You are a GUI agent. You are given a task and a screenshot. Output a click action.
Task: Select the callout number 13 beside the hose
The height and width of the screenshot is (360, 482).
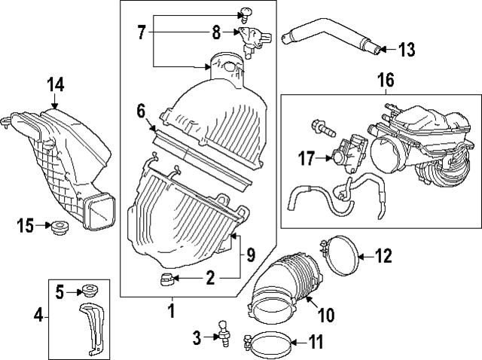[x=406, y=50]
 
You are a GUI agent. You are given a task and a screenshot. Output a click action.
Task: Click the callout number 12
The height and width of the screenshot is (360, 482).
[x=383, y=256]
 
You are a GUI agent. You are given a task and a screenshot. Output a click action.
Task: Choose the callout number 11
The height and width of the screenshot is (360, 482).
[x=316, y=343]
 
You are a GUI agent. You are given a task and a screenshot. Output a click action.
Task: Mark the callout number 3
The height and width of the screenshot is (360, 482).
[x=197, y=338]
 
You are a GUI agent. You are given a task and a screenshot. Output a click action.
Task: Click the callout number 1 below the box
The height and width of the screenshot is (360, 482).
[x=171, y=309]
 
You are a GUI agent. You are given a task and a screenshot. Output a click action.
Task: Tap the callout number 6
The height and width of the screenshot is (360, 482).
[x=140, y=111]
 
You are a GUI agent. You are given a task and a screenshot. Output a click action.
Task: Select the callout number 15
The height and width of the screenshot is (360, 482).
[x=26, y=224]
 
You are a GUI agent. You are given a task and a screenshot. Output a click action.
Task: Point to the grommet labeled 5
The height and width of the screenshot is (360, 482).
[x=89, y=288]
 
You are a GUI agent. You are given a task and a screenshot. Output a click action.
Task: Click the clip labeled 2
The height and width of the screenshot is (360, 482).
[x=166, y=281]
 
